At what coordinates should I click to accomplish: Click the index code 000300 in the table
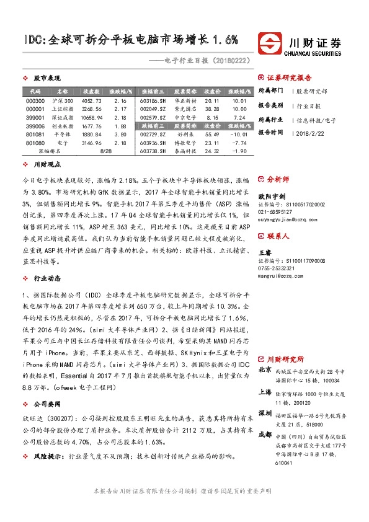[x=36, y=101]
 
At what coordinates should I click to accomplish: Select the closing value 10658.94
[x=92, y=117]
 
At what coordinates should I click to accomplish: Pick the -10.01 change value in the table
[x=238, y=134]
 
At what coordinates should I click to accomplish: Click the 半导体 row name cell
[x=62, y=134]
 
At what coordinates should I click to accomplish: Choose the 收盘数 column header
[x=92, y=91]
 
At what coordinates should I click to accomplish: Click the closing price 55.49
[x=212, y=134]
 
